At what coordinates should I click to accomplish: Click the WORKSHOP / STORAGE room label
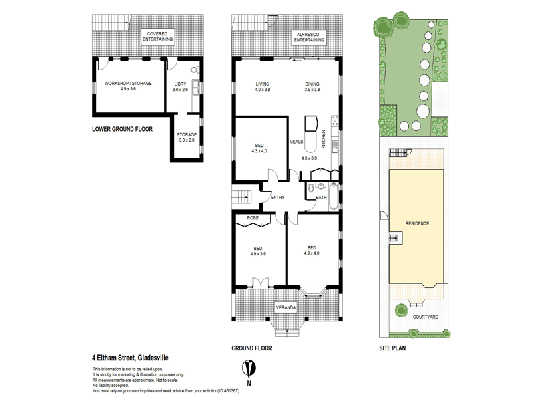[x=128, y=86]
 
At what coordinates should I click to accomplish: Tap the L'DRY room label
[x=180, y=86]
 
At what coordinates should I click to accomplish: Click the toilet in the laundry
[x=193, y=69]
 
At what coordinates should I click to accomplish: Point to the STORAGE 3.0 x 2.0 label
[x=187, y=137]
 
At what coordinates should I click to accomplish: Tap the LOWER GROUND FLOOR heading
[x=122, y=130]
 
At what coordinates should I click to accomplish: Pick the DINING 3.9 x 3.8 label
[x=312, y=86]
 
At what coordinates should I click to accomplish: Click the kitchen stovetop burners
[x=335, y=124]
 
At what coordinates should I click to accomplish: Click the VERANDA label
[x=286, y=307]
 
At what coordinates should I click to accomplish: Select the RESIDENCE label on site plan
[x=418, y=223]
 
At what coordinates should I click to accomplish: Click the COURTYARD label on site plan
[x=425, y=317]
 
